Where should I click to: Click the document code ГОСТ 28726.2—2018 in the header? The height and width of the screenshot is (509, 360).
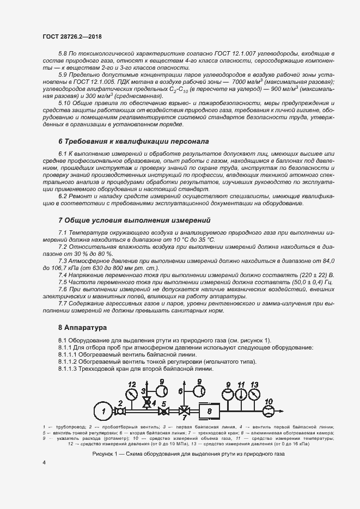point(72,36)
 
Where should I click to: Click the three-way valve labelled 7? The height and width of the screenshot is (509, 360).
point(185,410)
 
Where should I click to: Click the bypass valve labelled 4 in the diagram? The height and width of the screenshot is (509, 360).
point(145,402)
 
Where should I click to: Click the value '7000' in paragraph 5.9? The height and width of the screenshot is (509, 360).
point(240,82)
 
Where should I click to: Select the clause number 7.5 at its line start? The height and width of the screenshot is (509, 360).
point(63,282)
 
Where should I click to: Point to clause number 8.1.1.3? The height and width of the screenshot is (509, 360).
point(68,369)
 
